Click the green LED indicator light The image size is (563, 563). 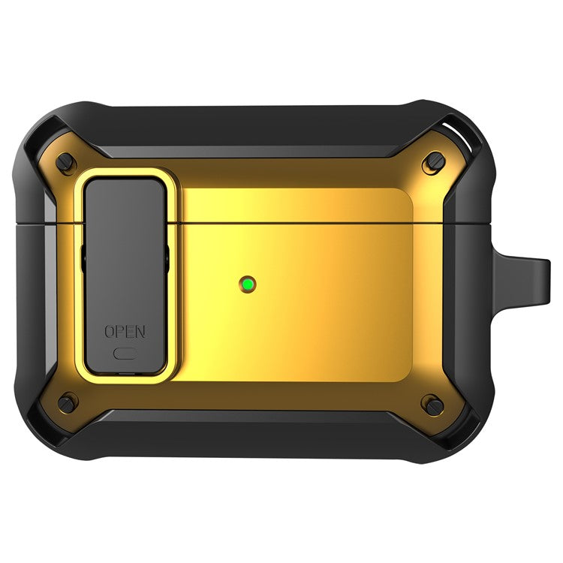click(x=248, y=285)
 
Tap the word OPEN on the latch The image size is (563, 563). click(x=125, y=331)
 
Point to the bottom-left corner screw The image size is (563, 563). click(x=66, y=404)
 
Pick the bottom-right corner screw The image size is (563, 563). click(x=435, y=405)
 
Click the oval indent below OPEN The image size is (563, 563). click(x=125, y=354)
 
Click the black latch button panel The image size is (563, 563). click(x=125, y=275)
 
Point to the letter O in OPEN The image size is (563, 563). click(x=110, y=331)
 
